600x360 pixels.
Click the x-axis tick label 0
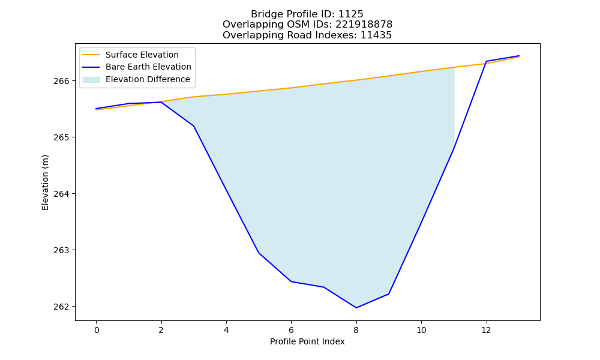(x=97, y=330)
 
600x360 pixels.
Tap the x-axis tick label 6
(x=291, y=330)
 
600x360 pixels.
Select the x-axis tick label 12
(x=487, y=330)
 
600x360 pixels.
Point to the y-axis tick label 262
(x=62, y=307)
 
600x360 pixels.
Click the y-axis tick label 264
(x=62, y=194)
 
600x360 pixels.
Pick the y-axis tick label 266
(x=62, y=81)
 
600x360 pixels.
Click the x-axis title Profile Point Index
(x=307, y=341)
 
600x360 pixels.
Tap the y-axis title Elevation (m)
(x=46, y=182)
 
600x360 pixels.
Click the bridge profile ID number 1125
(x=350, y=14)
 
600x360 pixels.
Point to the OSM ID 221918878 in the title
(x=364, y=25)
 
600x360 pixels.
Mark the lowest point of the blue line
(x=356, y=308)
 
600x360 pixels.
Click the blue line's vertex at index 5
(x=259, y=253)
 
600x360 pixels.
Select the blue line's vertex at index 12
(x=487, y=61)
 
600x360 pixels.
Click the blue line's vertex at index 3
(x=194, y=126)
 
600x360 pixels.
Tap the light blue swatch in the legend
(x=91, y=80)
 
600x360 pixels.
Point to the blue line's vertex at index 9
(x=389, y=294)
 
